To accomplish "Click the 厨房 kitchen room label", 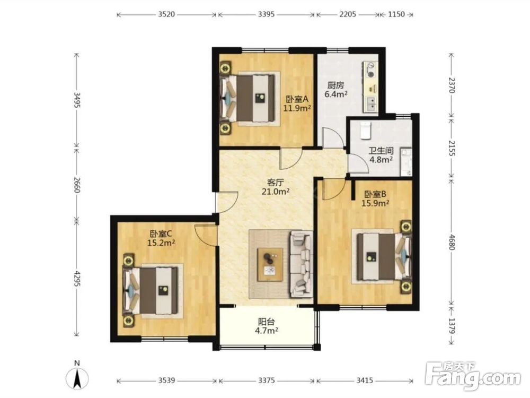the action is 335,85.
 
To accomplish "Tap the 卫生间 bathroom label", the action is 380,150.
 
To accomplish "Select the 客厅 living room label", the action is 275,183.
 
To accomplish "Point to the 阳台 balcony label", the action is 267,322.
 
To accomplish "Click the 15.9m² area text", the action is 375,203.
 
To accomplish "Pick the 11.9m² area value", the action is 297,108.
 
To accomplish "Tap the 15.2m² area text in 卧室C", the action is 161,243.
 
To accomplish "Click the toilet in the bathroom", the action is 365,131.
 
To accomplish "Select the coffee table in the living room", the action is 270,264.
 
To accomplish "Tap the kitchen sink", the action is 370,103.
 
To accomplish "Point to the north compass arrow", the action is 77,377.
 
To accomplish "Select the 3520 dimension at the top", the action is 166,14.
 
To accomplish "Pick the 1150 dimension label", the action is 396,14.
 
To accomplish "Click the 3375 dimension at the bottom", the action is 267,380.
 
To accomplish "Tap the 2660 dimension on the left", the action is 77,185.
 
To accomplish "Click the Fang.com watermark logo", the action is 473,376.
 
